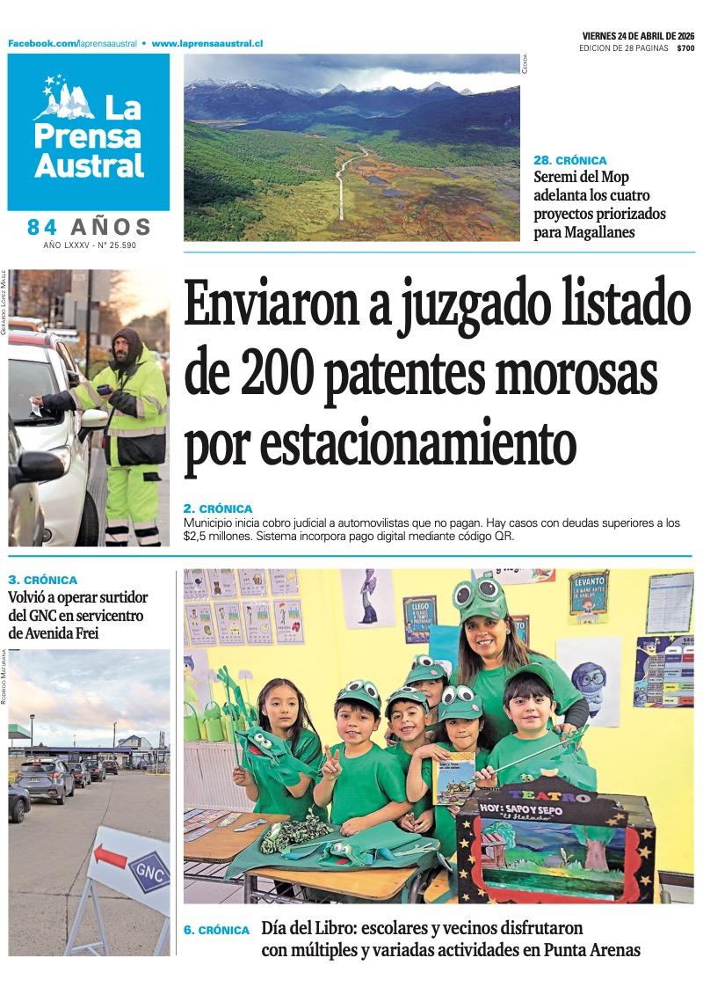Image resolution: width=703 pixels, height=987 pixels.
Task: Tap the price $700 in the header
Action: pyautogui.click(x=685, y=48)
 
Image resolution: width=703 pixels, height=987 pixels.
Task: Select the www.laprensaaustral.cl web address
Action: pyautogui.click(x=207, y=43)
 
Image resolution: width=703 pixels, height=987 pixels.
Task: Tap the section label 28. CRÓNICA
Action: pyautogui.click(x=570, y=160)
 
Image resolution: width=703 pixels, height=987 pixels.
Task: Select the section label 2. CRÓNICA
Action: pyautogui.click(x=218, y=508)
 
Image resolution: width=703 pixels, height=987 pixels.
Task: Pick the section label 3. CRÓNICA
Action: pyautogui.click(x=42, y=580)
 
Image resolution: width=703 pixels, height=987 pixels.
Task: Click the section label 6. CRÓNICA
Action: pyautogui.click(x=217, y=930)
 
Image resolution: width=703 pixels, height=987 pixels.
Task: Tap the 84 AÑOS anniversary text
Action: pyautogui.click(x=89, y=227)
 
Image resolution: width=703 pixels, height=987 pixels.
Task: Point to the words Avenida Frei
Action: pyautogui.click(x=52, y=633)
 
